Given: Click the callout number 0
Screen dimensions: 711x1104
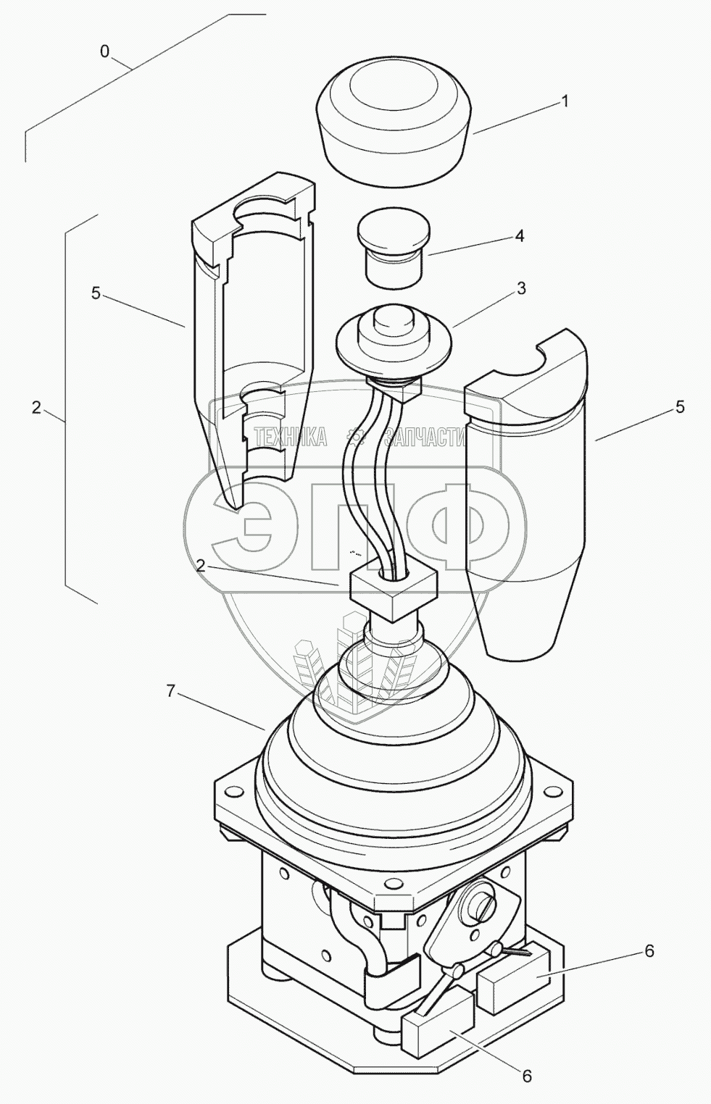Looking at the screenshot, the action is point(104,51).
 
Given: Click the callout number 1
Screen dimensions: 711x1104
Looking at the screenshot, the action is point(565,101).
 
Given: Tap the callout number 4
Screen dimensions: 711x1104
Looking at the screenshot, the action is point(519,237).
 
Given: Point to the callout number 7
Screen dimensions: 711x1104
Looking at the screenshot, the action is point(170,692).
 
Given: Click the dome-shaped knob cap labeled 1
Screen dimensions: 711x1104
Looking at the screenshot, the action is point(394,122).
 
